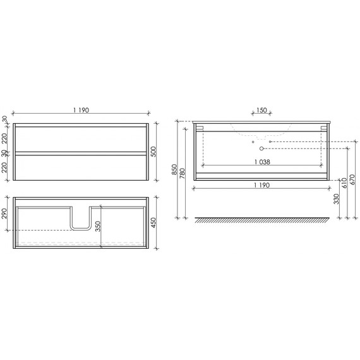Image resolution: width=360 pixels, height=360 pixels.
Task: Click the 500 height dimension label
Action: [x=153, y=152]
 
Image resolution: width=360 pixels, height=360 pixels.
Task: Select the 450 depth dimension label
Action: [x=153, y=224]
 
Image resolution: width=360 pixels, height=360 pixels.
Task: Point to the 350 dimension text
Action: [x=97, y=227]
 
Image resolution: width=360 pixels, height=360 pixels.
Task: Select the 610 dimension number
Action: [x=344, y=183]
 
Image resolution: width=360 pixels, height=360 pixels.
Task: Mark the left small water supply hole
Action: [x=253, y=142]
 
